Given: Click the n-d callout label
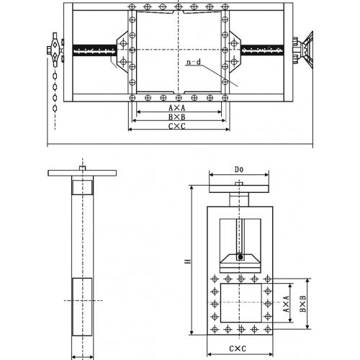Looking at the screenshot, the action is pyautogui.click(x=194, y=63).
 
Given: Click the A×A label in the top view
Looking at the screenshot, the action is pyautogui.click(x=177, y=108).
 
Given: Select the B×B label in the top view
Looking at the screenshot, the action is pyautogui.click(x=177, y=117).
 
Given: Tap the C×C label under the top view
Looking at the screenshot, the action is pyautogui.click(x=177, y=126).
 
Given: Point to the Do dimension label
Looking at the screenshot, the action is pyautogui.click(x=239, y=170).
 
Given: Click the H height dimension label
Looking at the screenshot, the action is pyautogui.click(x=188, y=261).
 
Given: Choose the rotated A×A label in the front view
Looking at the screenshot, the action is pyautogui.click(x=286, y=304).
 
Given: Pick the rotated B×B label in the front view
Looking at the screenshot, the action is pyautogui.click(x=303, y=304).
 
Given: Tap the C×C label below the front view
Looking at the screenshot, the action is pyautogui.click(x=238, y=348).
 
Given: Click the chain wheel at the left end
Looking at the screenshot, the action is pyautogui.click(x=55, y=50).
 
